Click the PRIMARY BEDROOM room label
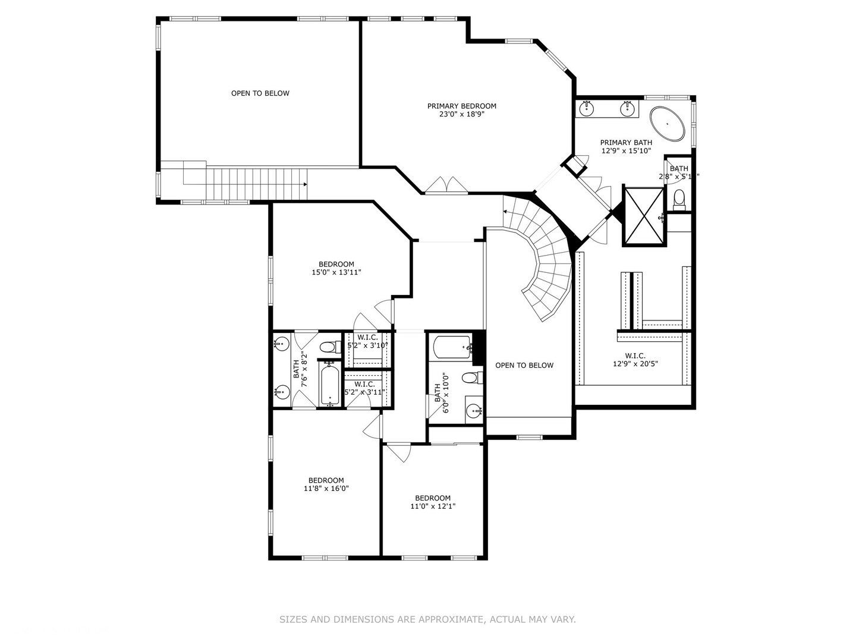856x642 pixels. (461, 106)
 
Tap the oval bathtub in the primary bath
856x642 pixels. (668, 124)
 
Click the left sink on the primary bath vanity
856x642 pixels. (587, 108)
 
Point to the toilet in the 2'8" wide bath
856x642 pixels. (679, 199)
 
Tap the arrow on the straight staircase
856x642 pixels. (304, 184)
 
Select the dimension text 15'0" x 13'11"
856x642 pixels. (336, 273)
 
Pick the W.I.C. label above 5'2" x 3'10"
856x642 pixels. (367, 338)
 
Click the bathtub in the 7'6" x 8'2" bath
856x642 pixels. (329, 386)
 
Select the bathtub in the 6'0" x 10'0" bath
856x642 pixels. (452, 347)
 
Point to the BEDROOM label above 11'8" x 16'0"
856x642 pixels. (326, 480)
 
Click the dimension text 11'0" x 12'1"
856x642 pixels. (433, 506)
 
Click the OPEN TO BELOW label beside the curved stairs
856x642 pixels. (524, 366)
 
